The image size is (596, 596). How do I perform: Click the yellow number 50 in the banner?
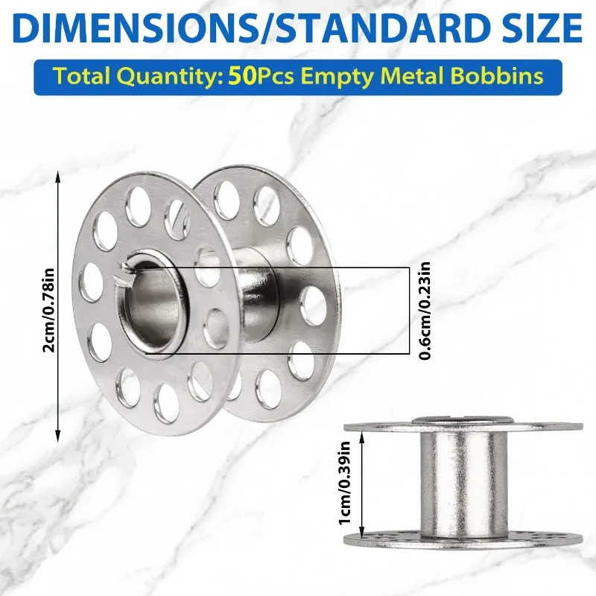click(244, 76)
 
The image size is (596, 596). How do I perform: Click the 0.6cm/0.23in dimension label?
click(425, 310)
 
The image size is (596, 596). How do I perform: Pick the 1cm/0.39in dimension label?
click(345, 482)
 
